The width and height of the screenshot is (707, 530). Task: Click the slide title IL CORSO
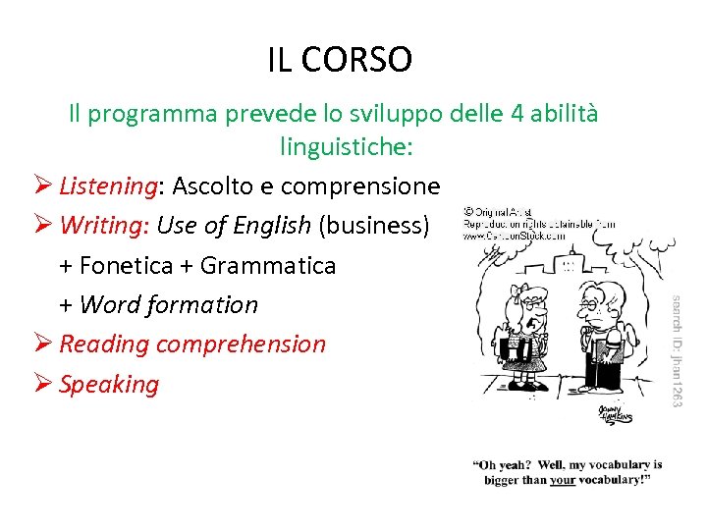340,60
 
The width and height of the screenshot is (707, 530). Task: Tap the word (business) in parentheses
373,226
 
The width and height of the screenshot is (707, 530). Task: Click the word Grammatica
267,265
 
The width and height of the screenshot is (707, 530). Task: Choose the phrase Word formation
168,305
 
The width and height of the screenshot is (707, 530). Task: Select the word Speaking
109,384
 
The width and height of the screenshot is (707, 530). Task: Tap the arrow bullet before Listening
41,186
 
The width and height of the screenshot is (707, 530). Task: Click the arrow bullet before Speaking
41,384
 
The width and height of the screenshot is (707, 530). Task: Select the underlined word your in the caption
562,481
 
